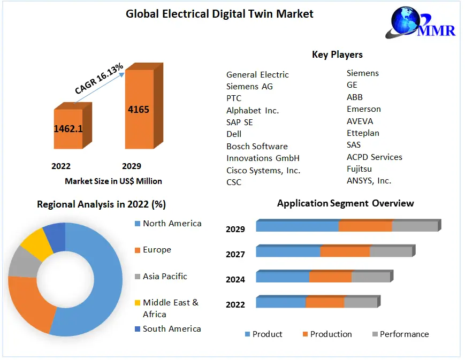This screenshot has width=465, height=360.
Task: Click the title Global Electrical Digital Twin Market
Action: (219, 14)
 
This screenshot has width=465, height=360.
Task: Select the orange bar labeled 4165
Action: (139, 109)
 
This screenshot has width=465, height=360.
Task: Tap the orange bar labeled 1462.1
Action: (68, 129)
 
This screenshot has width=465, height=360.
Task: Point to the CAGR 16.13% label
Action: (98, 79)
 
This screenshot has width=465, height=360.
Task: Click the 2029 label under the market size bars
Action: (132, 166)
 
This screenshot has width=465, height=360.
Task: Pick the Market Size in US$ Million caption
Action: (113, 181)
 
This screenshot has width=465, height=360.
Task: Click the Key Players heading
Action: (337, 55)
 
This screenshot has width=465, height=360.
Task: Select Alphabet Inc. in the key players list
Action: (253, 110)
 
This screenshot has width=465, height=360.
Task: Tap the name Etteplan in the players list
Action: (363, 133)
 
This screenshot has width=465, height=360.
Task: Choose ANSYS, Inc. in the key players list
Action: (369, 181)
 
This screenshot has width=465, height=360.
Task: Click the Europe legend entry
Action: (157, 250)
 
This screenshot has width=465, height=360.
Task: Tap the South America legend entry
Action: (171, 328)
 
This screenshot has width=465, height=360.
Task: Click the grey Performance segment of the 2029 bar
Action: (415, 226)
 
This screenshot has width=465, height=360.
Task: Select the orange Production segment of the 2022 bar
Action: (324, 302)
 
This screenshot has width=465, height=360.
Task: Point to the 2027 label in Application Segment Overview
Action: (235, 254)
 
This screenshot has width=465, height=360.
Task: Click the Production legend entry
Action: (331, 334)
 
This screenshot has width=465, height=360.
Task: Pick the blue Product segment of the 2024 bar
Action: (283, 277)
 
